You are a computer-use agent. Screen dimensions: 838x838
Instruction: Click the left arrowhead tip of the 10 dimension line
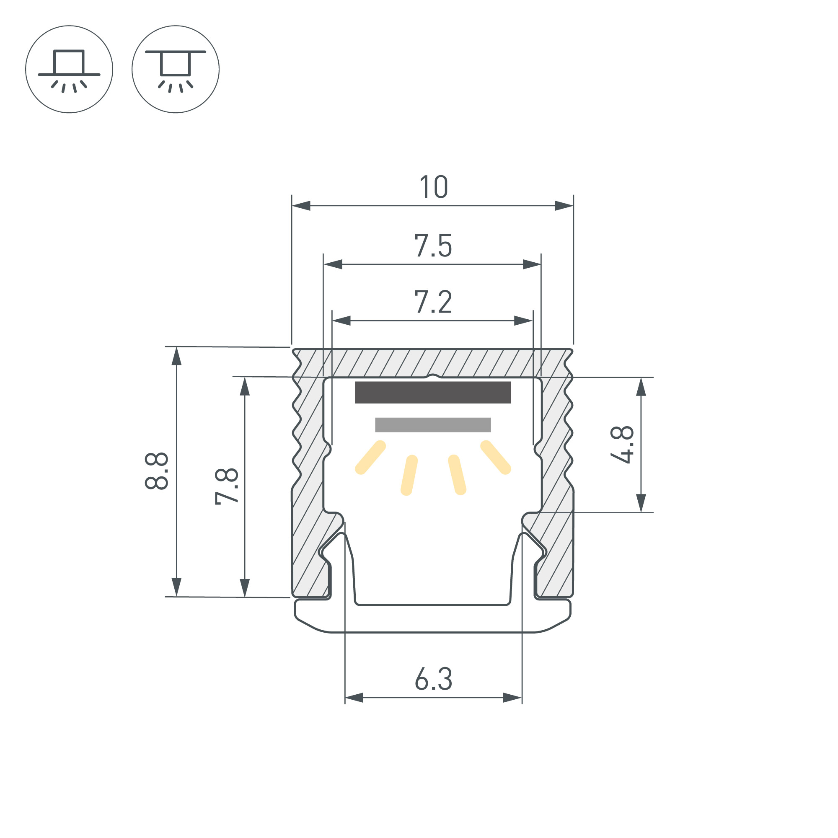(x=292, y=206)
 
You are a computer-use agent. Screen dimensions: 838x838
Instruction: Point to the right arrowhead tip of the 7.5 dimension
(x=541, y=264)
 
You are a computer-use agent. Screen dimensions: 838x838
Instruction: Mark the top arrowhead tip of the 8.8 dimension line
(x=176, y=347)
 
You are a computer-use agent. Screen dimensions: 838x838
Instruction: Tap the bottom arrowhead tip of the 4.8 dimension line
(x=641, y=512)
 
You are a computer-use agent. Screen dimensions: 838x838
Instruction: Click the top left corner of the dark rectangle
(x=355, y=382)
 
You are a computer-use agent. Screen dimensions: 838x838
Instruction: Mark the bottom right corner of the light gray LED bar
(x=491, y=432)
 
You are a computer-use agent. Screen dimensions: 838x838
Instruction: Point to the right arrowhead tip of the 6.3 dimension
(x=522, y=698)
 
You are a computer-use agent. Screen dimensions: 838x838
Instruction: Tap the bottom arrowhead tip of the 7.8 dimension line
(x=245, y=597)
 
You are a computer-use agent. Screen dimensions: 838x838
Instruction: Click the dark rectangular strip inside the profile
(x=433, y=393)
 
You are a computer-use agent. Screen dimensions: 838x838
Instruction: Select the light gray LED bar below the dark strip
(x=433, y=424)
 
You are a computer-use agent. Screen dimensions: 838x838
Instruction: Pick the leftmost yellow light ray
(x=370, y=458)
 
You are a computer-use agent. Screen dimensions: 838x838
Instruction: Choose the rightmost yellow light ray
(x=496, y=458)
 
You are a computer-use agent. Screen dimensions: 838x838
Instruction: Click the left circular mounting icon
(x=70, y=70)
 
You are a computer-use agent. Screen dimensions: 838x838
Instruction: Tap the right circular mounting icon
(x=176, y=70)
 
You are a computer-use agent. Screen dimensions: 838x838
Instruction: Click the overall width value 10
(x=434, y=187)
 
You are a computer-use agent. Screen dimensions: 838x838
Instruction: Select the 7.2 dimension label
(x=433, y=302)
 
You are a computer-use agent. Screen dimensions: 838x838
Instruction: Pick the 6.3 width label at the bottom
(x=433, y=679)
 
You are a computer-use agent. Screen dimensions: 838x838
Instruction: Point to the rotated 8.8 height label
(x=156, y=471)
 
